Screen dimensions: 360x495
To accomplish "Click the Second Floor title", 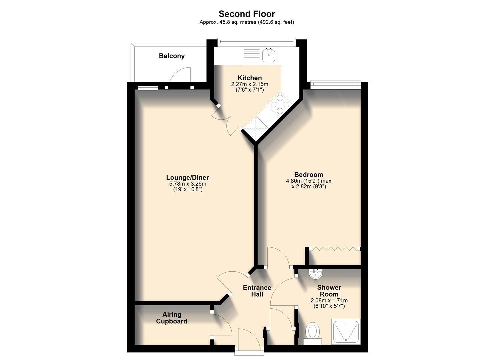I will pyautogui.click(x=247, y=14).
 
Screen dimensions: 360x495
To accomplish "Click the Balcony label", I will pyautogui.click(x=172, y=56).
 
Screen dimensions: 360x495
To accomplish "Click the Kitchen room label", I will pyautogui.click(x=249, y=78).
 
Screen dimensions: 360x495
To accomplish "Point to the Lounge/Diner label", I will pyautogui.click(x=187, y=178).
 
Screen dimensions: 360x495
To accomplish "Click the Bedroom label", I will pyautogui.click(x=308, y=175).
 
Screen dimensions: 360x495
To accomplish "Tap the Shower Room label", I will pyautogui.click(x=329, y=291).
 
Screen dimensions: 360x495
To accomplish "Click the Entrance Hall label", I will pyautogui.click(x=257, y=291).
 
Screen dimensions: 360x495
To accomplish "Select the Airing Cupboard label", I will pyautogui.click(x=172, y=318).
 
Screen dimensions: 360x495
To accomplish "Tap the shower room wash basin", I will pyautogui.click(x=315, y=274).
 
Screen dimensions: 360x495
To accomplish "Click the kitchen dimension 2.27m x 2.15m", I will pyautogui.click(x=249, y=84).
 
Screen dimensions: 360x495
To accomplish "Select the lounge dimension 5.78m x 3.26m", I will pyautogui.click(x=187, y=184).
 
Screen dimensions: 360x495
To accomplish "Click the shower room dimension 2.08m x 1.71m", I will pyautogui.click(x=329, y=300).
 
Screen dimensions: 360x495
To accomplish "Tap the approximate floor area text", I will pyautogui.click(x=247, y=22).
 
